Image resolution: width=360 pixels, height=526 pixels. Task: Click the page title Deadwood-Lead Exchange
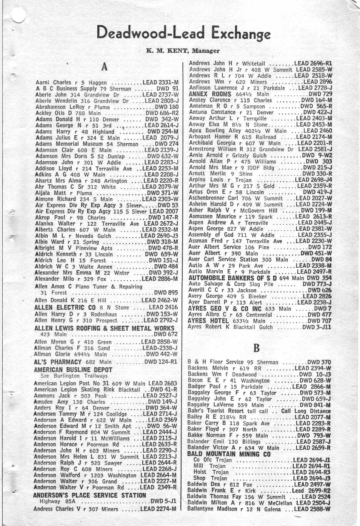(x=183, y=33)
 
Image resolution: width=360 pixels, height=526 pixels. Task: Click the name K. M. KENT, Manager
(x=183, y=51)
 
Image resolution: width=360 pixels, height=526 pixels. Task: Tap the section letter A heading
(x=104, y=67)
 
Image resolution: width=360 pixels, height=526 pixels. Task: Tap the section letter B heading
(x=257, y=348)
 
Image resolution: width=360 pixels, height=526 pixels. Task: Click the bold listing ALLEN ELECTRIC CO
(x=65, y=308)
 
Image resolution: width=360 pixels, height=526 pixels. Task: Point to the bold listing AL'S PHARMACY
(x=58, y=362)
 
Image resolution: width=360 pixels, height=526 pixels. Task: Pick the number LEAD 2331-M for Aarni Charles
(x=160, y=82)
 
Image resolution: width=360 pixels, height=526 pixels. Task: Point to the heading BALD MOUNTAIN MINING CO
(x=229, y=454)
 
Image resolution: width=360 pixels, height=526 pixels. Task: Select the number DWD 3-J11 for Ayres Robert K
(x=317, y=327)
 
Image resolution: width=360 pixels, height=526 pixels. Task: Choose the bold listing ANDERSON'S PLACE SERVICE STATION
(x=89, y=495)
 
